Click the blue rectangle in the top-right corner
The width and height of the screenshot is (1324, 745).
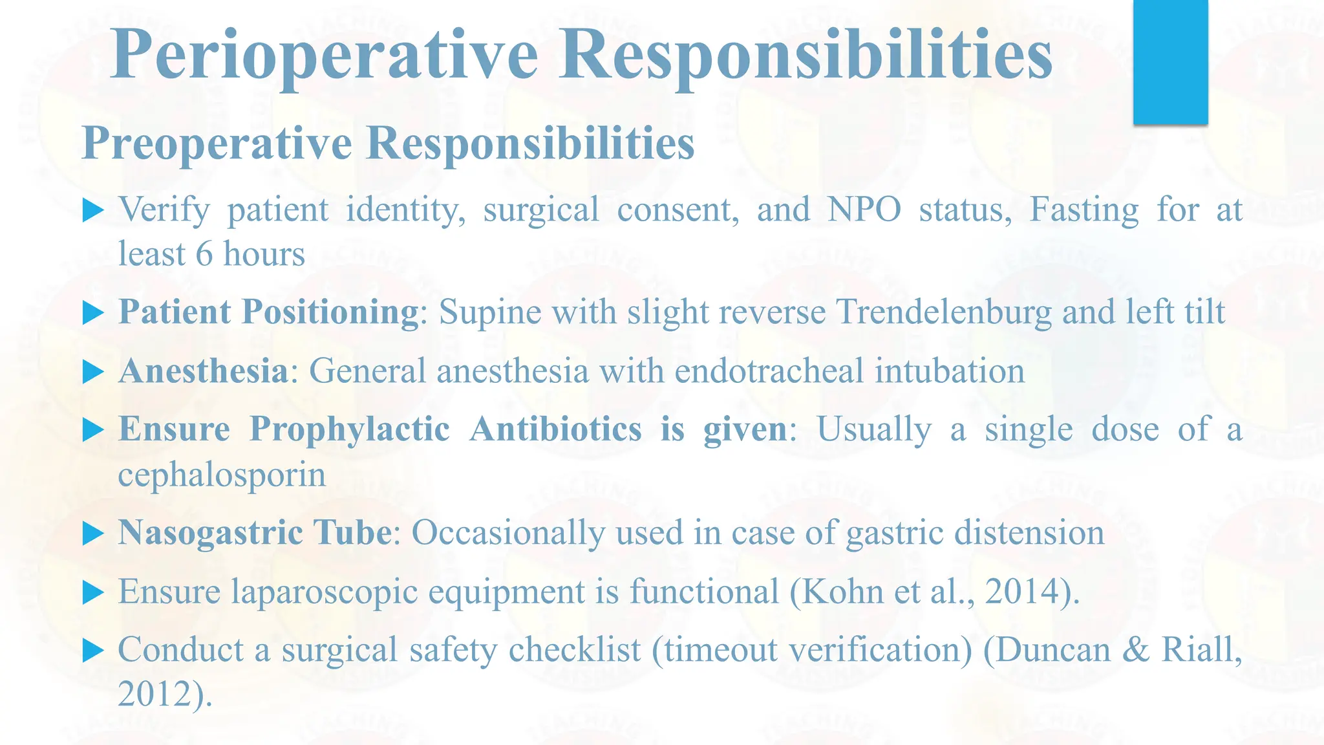(1170, 61)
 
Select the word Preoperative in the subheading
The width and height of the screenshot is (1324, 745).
(217, 144)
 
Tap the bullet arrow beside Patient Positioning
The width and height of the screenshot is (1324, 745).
(94, 314)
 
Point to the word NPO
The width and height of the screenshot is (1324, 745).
(864, 210)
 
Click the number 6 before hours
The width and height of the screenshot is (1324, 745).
(204, 254)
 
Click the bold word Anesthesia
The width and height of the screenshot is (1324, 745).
(203, 371)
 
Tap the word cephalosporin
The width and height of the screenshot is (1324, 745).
(222, 475)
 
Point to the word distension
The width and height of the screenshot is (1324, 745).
(1029, 533)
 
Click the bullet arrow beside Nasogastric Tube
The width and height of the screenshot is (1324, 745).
(94, 535)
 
